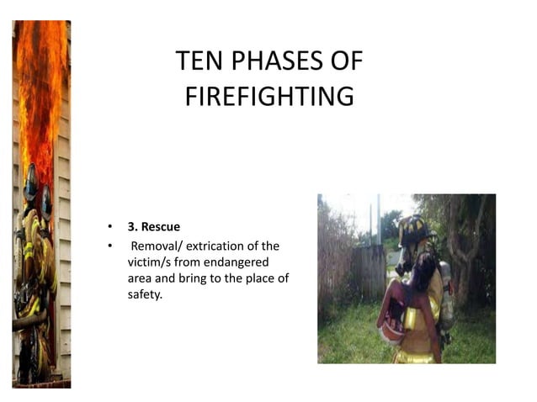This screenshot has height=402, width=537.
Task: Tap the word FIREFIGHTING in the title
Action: (x=268, y=96)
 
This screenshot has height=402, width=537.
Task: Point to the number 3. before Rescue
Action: (x=132, y=227)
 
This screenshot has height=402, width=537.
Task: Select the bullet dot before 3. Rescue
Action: (x=109, y=228)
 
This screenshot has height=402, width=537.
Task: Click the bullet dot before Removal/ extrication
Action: (x=109, y=246)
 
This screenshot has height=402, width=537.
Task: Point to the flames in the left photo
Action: (x=38, y=93)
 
